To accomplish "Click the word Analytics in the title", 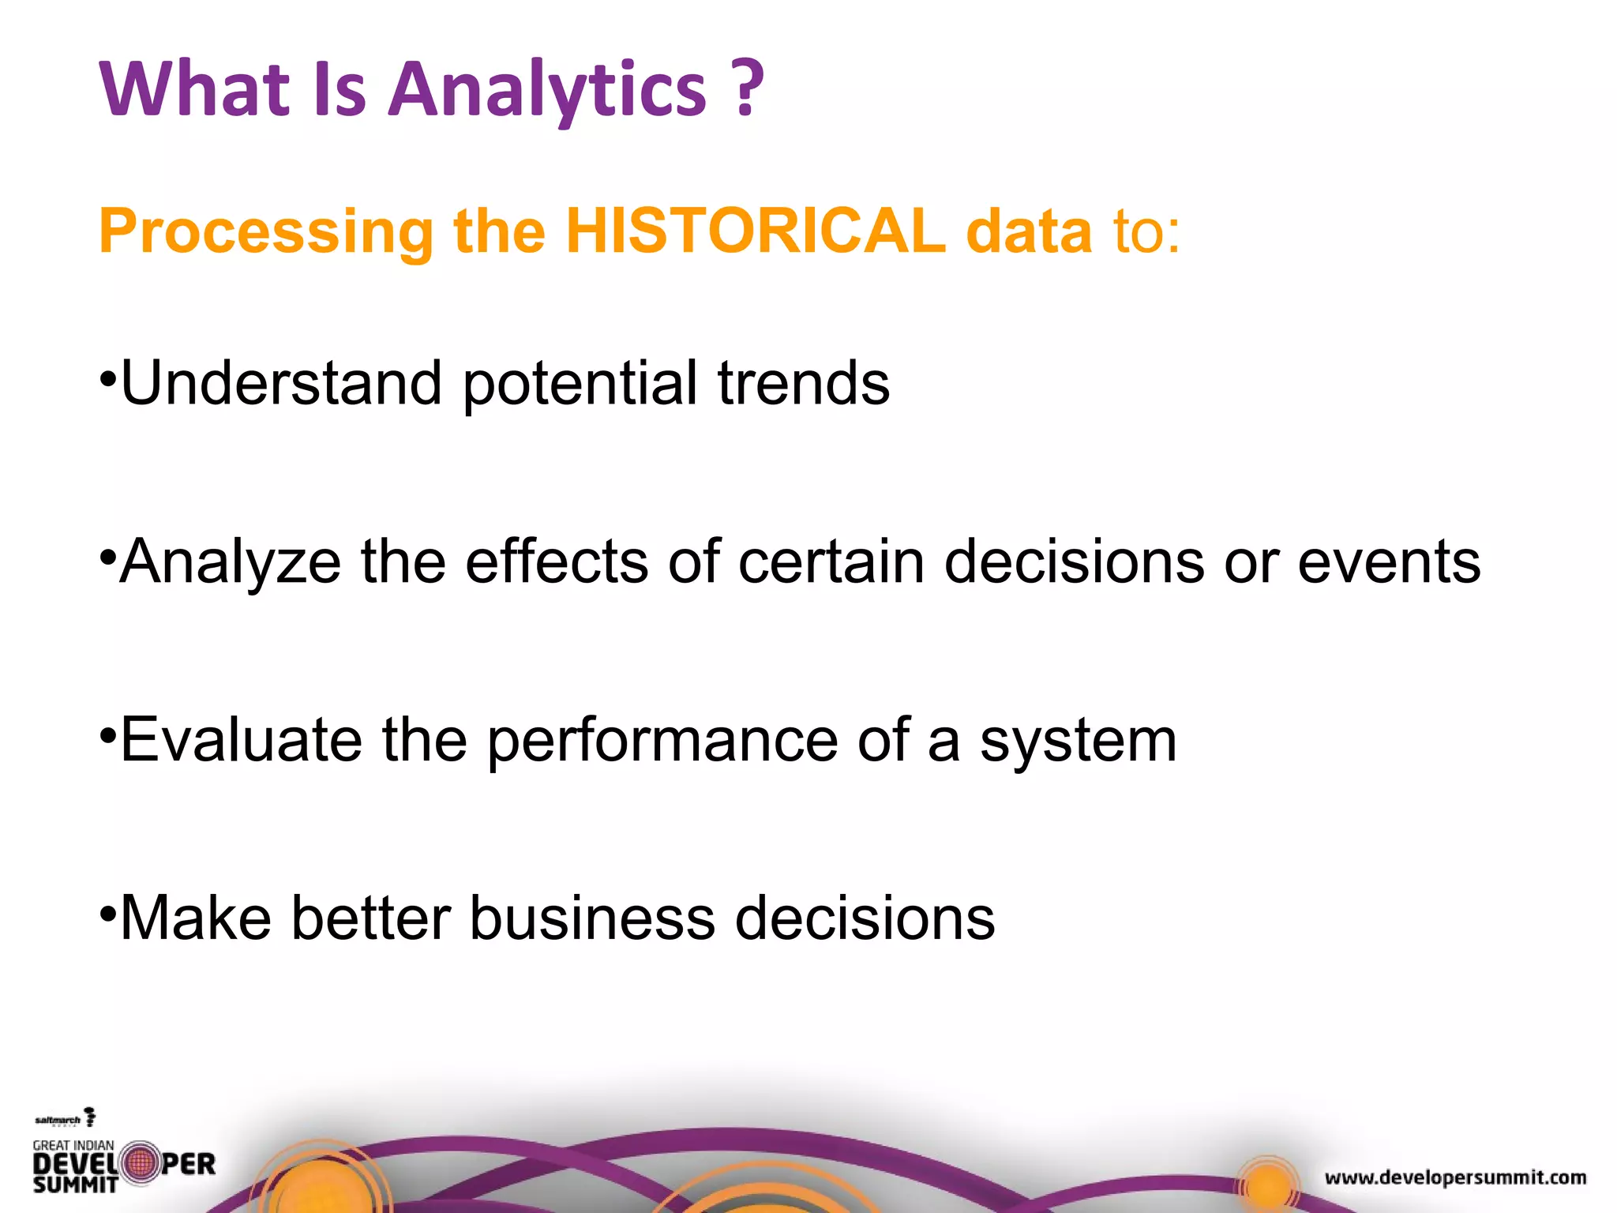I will (547, 89).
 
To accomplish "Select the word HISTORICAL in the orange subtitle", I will (756, 231).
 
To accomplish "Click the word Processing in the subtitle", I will (266, 232).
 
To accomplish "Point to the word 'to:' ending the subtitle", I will (1146, 231).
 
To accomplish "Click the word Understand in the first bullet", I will (281, 383).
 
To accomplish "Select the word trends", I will (803, 383).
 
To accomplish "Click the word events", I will (1389, 561).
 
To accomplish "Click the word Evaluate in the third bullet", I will (241, 740).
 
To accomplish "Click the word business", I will (592, 918).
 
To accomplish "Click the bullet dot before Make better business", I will (107, 914).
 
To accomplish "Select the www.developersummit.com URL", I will (1455, 1177).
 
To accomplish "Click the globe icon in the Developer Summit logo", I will (141, 1163).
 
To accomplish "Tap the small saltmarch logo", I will (65, 1119).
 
